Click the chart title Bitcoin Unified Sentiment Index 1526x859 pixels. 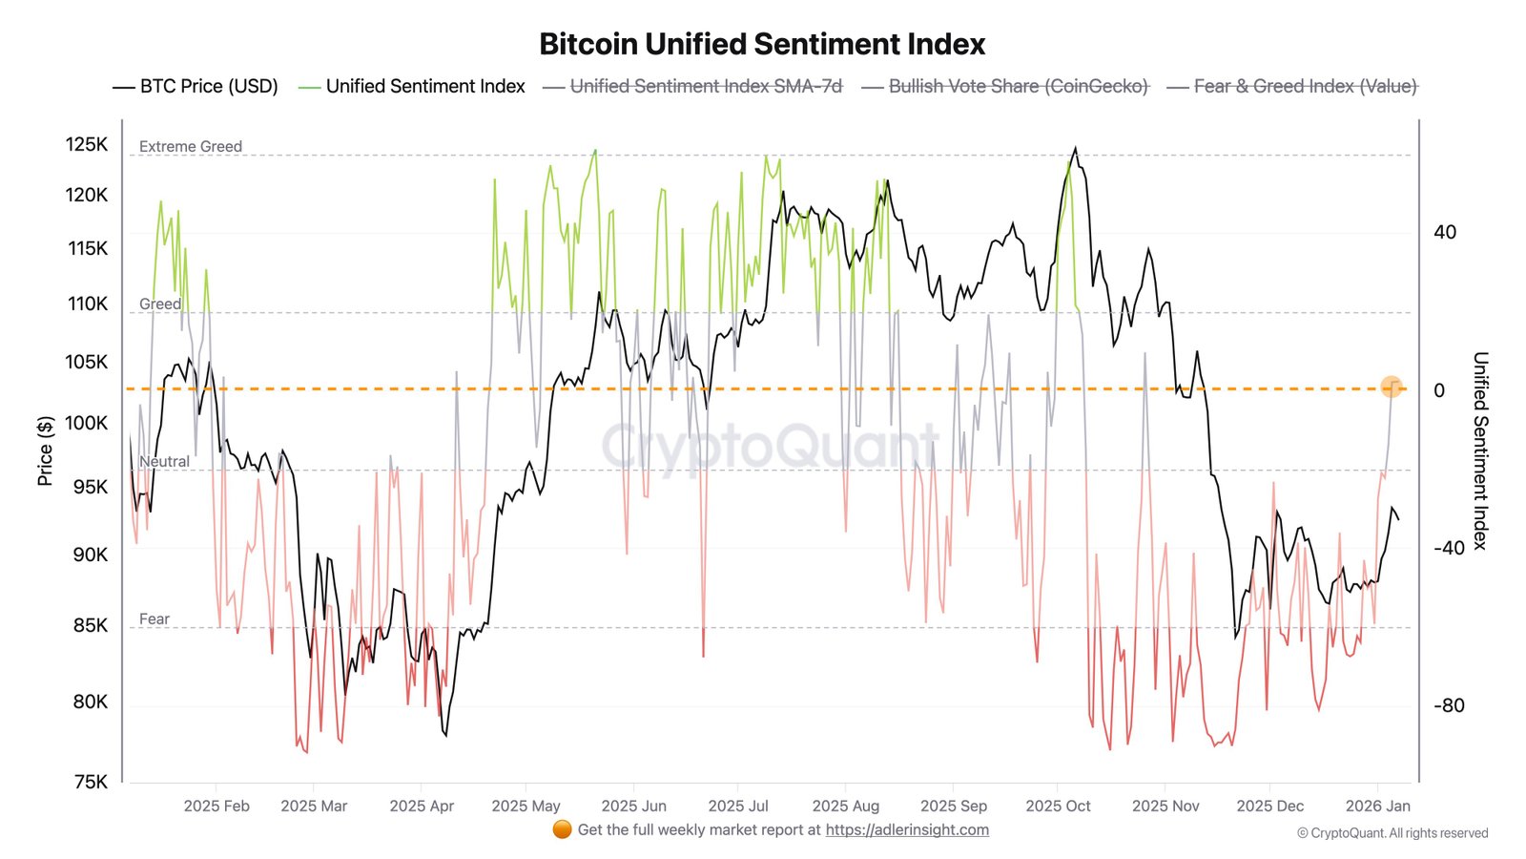tap(762, 44)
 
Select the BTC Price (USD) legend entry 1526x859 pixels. tap(196, 86)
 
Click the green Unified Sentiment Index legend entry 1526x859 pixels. tap(412, 86)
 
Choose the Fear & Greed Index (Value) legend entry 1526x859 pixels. tap(1292, 86)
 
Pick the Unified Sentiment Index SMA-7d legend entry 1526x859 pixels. tap(693, 86)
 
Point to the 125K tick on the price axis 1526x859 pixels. tap(87, 144)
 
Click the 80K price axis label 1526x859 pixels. tap(91, 702)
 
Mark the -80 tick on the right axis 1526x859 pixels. tap(1449, 705)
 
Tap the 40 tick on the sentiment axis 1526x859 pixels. tap(1445, 232)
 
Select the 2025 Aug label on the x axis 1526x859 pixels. tap(845, 806)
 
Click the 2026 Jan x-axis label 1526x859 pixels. tap(1377, 806)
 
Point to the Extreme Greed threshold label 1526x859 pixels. tap(191, 146)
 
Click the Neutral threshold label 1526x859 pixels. tap(164, 461)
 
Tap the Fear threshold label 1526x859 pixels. tap(155, 618)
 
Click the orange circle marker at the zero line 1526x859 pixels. tap(1392, 387)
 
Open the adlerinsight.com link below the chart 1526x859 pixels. tap(907, 829)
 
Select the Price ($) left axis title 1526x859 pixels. tap(45, 450)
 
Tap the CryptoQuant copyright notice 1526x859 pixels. tap(1392, 833)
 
